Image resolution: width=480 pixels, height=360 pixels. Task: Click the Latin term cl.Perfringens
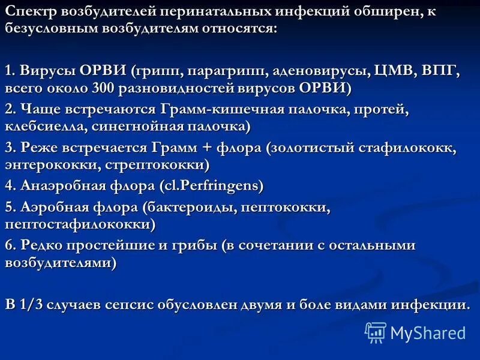pyautogui.click(x=211, y=185)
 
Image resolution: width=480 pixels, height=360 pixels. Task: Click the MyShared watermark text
pyautogui.click(x=428, y=332)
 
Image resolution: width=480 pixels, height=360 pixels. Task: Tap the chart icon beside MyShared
pyautogui.click(x=375, y=332)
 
